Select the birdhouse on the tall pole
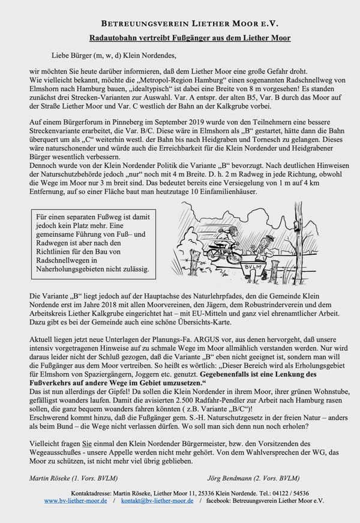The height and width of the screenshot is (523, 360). point(298,225)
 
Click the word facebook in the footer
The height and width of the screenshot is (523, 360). point(224,500)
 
